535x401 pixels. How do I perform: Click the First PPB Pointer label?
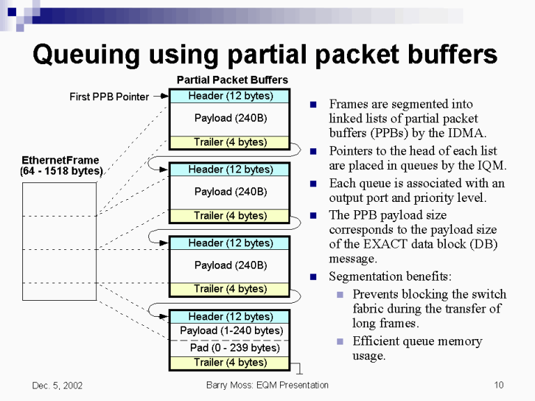(x=109, y=97)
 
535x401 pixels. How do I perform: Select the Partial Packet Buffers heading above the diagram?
(x=232, y=80)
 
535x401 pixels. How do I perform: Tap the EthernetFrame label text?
(x=61, y=160)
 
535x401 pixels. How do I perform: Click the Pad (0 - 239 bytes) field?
(x=235, y=347)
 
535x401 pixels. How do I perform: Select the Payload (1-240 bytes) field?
(x=231, y=331)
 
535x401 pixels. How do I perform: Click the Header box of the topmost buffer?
(x=230, y=96)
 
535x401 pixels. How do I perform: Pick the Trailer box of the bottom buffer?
(x=230, y=363)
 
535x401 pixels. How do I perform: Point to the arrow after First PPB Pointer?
(x=160, y=97)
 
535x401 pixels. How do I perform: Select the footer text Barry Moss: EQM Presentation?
(x=267, y=385)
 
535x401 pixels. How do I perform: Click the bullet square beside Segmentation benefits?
(x=313, y=276)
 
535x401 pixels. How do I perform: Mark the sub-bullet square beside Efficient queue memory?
(x=339, y=342)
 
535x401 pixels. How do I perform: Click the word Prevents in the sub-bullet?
(x=377, y=294)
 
